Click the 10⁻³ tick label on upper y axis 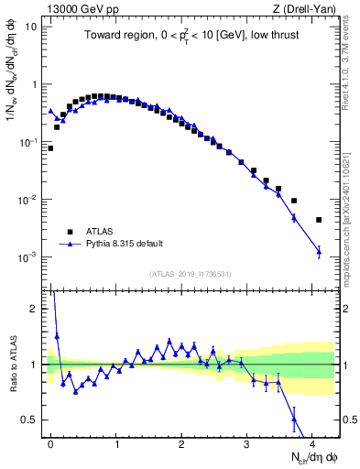click(29, 257)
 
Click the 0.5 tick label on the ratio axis click(31, 420)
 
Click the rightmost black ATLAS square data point click(319, 220)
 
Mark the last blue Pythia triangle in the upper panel click(319, 251)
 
